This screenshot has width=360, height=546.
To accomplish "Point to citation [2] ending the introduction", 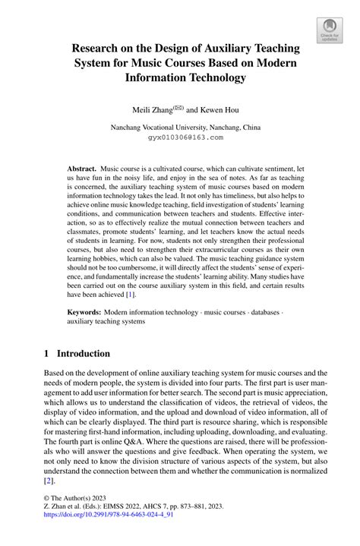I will pos(49,481).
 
